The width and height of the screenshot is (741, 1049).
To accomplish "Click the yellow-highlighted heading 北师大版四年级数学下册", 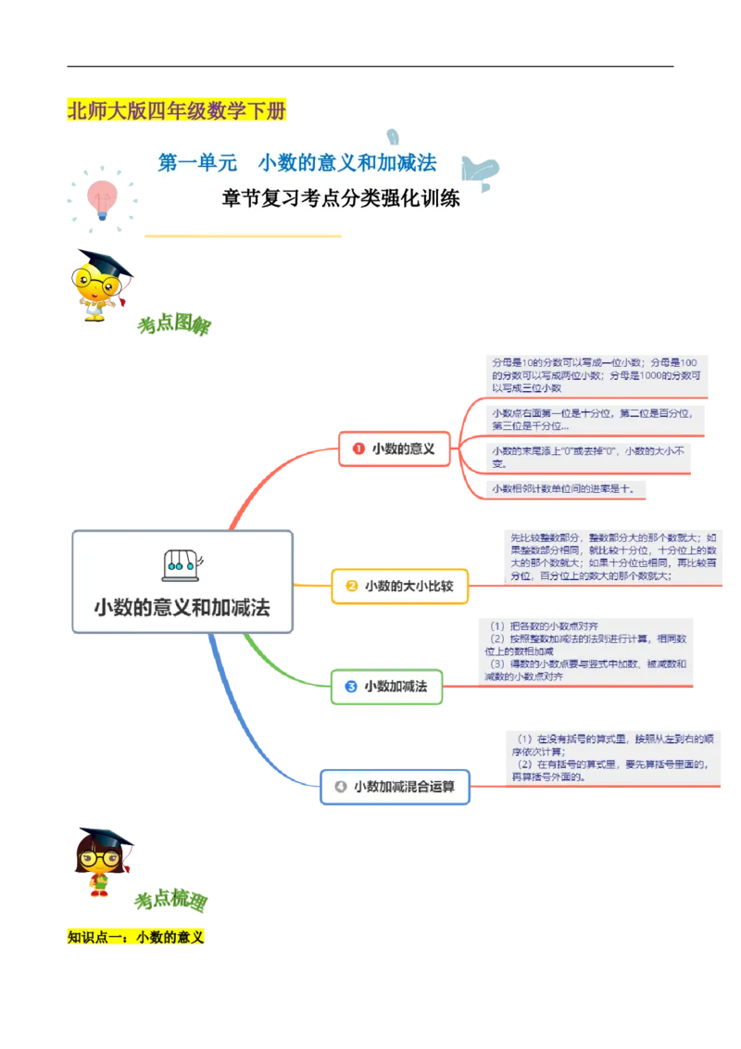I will (x=177, y=112).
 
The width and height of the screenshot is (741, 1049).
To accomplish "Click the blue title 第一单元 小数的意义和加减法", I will (x=297, y=163).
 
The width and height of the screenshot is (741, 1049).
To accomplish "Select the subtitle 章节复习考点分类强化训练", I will (x=341, y=198).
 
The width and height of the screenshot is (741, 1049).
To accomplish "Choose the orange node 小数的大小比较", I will (x=399, y=586).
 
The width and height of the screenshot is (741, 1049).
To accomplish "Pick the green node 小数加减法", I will (x=386, y=687).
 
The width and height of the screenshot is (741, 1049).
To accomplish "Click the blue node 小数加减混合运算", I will (x=396, y=787).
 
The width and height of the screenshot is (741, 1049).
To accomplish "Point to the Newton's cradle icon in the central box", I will (x=183, y=563).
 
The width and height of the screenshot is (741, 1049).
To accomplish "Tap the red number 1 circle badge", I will (x=358, y=449).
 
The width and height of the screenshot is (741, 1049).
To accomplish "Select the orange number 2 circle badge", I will (x=351, y=586).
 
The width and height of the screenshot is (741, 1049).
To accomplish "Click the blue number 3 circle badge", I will (x=351, y=687).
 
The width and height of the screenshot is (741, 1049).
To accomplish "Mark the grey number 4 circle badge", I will (x=340, y=787).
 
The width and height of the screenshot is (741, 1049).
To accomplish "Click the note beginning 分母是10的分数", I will (x=596, y=374).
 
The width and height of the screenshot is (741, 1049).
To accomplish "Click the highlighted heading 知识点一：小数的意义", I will (x=136, y=938).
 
